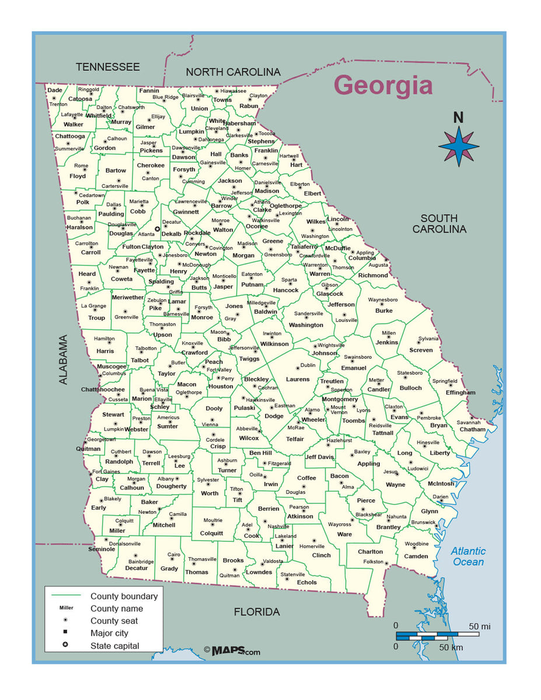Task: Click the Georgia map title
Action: click(383, 85)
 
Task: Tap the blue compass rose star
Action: click(459, 146)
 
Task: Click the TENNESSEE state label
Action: click(108, 67)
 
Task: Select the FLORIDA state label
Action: click(257, 612)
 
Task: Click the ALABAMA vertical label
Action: click(63, 359)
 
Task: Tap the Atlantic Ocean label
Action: click(468, 556)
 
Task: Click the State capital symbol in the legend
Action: click(65, 646)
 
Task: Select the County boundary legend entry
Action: click(124, 596)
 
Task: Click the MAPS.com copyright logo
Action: click(232, 650)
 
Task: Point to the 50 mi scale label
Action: click(479, 626)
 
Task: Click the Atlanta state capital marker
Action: click(157, 229)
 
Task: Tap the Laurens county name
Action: click(298, 379)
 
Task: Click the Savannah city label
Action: click(468, 422)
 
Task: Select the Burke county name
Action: click(383, 311)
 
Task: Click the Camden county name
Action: click(416, 556)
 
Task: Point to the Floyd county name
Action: click(78, 176)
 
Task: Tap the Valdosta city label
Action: click(273, 561)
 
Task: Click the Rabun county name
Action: click(249, 106)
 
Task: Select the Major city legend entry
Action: click(109, 633)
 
